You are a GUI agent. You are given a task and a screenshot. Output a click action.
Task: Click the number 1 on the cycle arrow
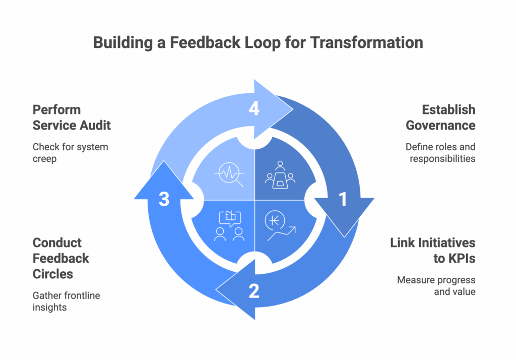343,199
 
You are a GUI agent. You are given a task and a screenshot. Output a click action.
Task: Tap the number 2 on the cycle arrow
254,291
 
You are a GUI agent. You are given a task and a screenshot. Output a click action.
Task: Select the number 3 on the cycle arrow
164,199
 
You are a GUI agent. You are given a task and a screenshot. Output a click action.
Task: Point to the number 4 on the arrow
254,108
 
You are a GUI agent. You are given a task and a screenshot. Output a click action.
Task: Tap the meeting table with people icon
280,175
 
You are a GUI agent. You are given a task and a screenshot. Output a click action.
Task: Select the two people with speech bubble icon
229,225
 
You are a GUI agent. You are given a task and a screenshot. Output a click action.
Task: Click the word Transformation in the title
367,42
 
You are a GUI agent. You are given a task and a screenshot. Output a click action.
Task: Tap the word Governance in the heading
440,126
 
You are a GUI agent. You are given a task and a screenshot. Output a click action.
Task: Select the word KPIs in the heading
454,259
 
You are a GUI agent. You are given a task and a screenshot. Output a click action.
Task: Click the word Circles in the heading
52,274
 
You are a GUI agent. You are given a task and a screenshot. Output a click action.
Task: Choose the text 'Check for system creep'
70,153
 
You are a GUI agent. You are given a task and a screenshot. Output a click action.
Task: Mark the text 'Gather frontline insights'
66,302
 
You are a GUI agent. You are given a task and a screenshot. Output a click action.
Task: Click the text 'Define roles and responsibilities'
440,153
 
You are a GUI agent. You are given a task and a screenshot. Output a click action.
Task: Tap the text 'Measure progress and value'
436,286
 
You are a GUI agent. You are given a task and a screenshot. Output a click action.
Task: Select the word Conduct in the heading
57,243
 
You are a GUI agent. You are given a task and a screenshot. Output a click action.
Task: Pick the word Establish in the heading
448,110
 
